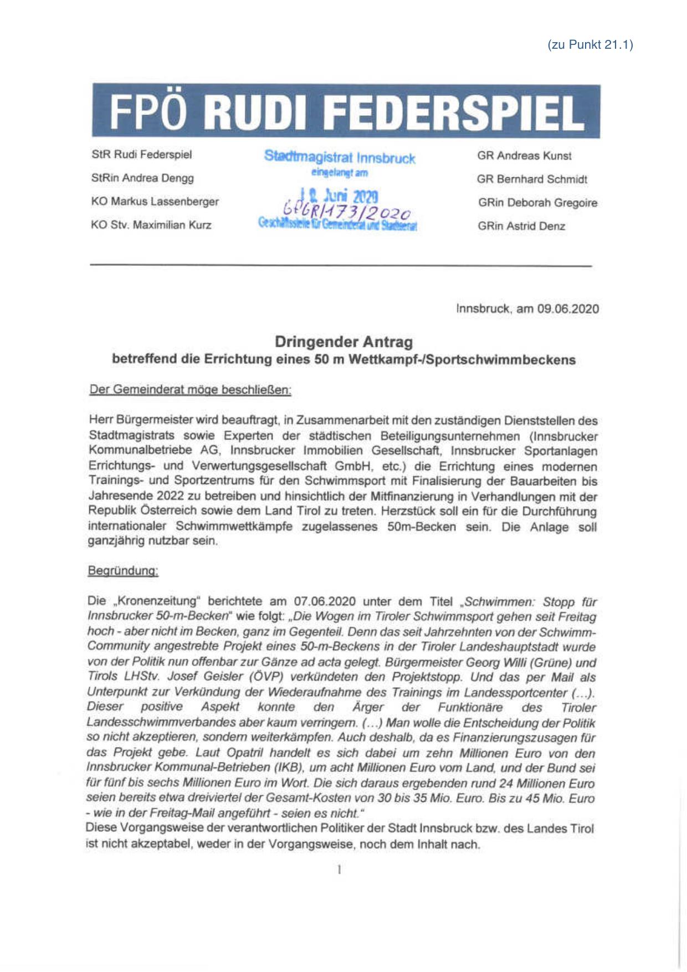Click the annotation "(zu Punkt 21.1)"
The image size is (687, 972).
coord(590,45)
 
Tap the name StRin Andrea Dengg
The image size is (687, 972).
coord(142,178)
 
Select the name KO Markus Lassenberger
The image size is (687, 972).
coord(155,201)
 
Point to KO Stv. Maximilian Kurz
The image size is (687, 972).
coord(151,225)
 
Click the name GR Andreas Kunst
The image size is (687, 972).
coord(524,156)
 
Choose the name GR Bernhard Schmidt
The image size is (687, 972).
coord(532,179)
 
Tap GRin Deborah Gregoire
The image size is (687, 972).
coord(537,203)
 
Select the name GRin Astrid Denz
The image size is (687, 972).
coord(521,226)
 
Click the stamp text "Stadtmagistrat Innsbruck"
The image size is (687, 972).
coord(340,157)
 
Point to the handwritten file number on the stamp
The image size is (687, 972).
coord(347,211)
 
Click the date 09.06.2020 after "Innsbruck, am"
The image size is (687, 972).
coord(568,309)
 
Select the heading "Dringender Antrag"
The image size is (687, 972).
coord(343,341)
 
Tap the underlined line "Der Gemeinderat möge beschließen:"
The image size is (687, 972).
coord(190,390)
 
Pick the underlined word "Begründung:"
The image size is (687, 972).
coord(123,571)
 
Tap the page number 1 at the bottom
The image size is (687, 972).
coord(339,870)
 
